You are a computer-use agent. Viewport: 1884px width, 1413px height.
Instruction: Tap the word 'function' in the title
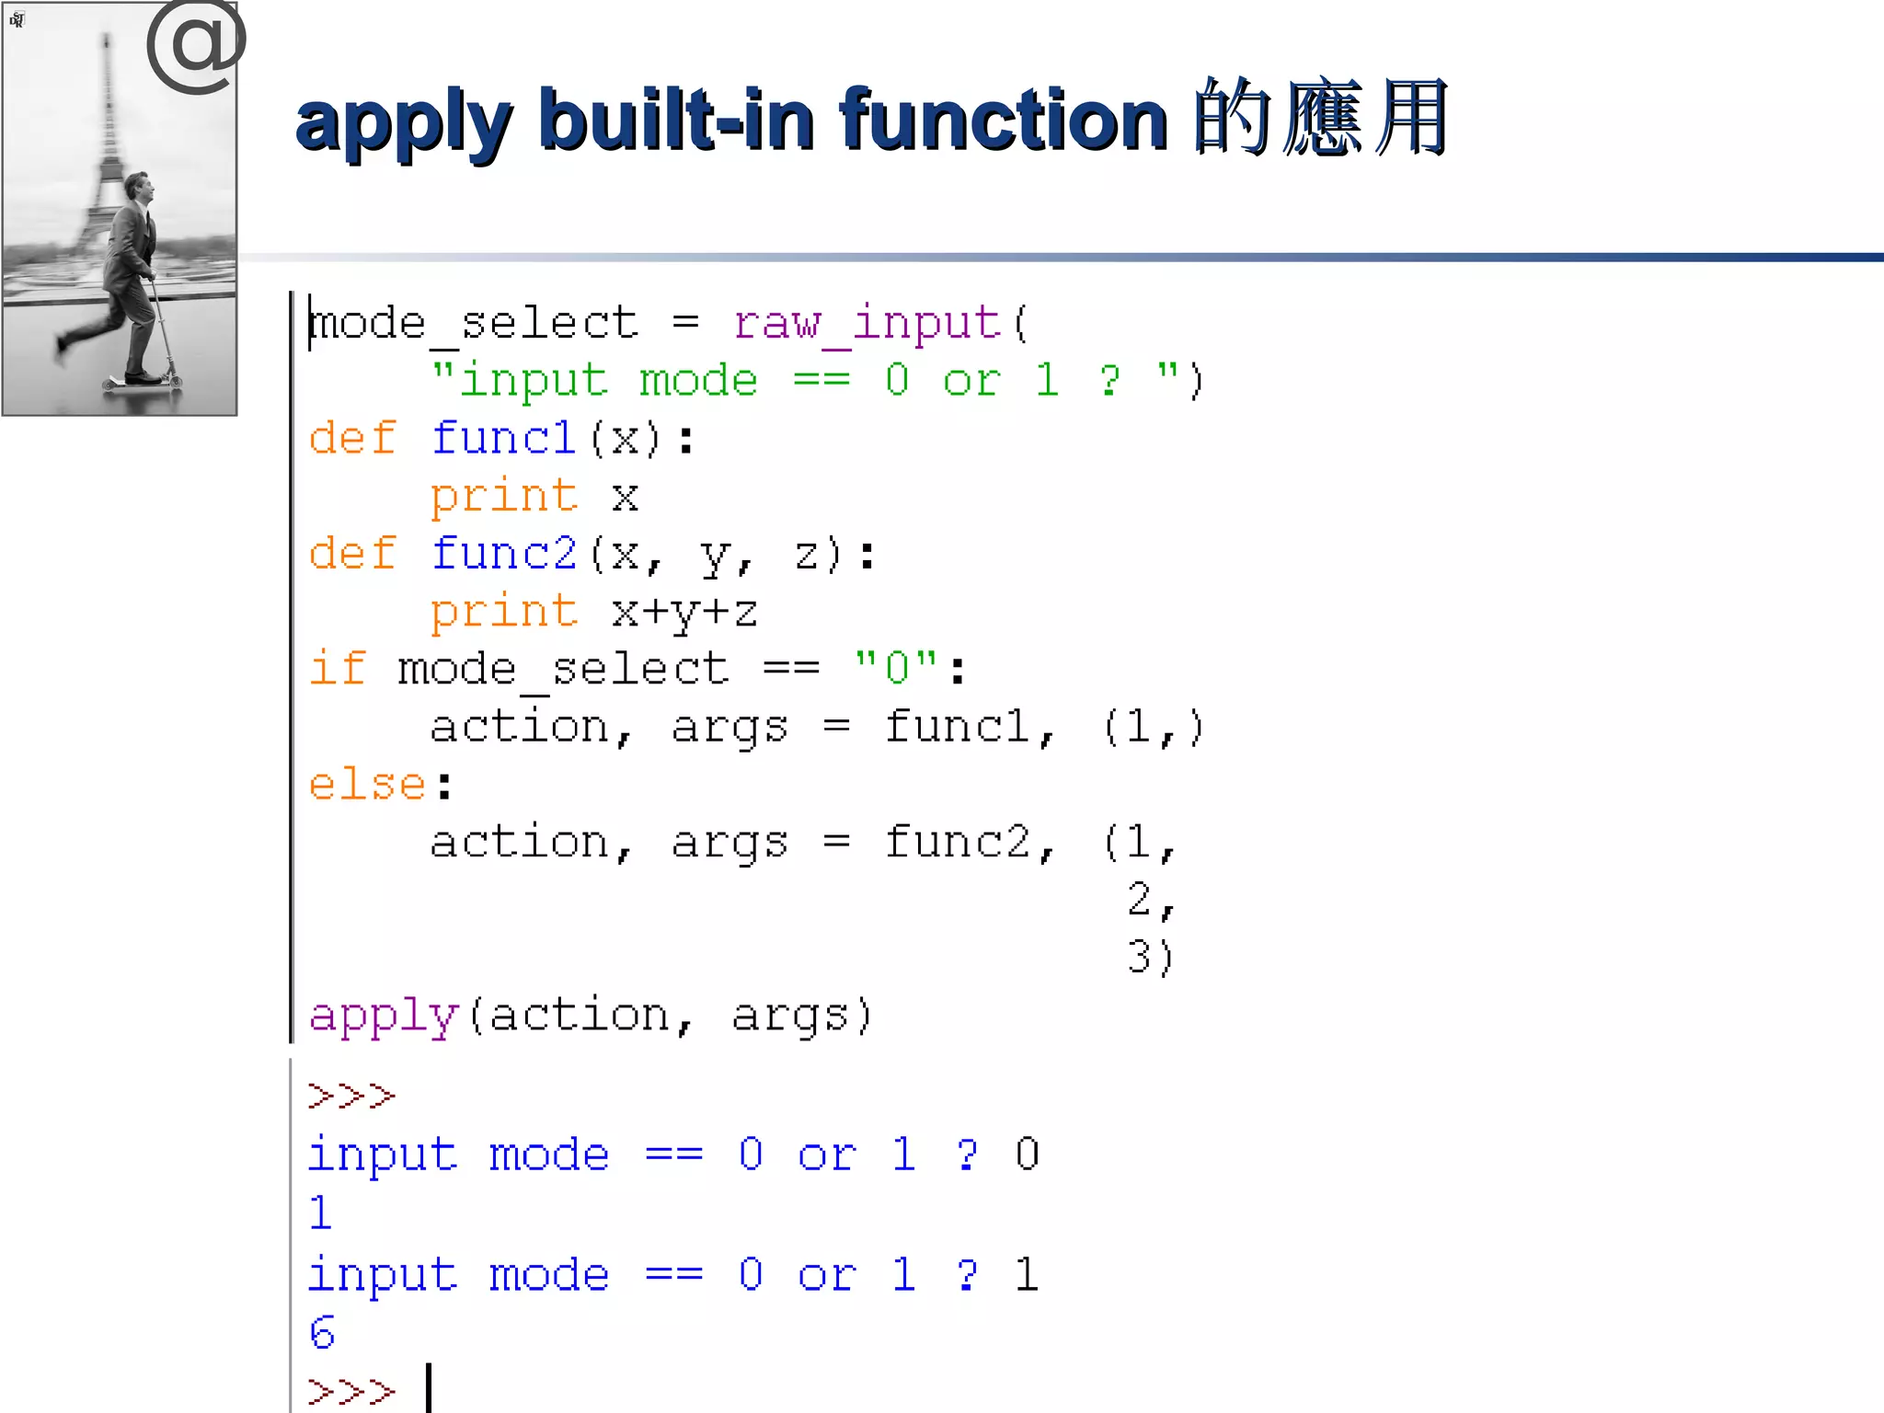(x=1003, y=120)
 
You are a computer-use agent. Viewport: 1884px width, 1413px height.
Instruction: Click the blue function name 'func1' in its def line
(x=504, y=439)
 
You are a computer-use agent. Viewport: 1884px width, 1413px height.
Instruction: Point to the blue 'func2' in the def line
(x=504, y=555)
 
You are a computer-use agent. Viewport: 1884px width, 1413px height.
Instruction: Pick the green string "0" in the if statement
(x=896, y=669)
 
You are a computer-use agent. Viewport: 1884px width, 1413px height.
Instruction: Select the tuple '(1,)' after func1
(x=1153, y=728)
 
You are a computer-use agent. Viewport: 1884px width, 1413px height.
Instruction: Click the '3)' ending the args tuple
(x=1151, y=957)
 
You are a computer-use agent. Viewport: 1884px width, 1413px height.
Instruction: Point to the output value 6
(x=322, y=1333)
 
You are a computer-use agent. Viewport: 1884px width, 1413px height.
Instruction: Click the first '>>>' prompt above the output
(x=351, y=1096)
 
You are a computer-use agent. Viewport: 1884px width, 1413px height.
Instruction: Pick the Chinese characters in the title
(x=1321, y=120)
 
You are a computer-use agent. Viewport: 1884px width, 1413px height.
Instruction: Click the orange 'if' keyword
(x=337, y=669)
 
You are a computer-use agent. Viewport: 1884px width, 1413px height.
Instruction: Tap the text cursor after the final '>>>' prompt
(x=429, y=1388)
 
